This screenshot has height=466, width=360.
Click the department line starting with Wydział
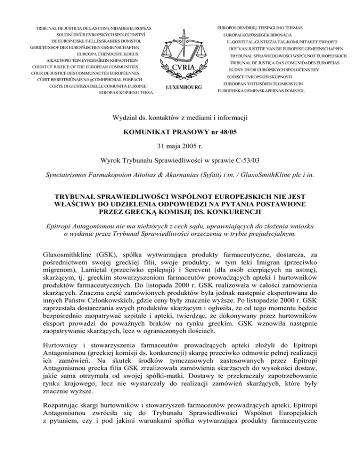click(x=180, y=114)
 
